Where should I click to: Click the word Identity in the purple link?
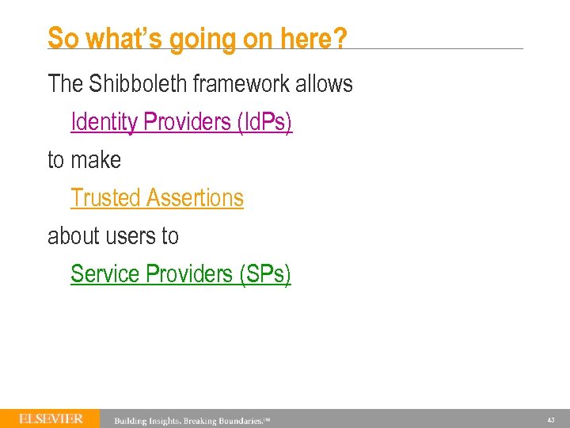[104, 122]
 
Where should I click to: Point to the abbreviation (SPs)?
[265, 274]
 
